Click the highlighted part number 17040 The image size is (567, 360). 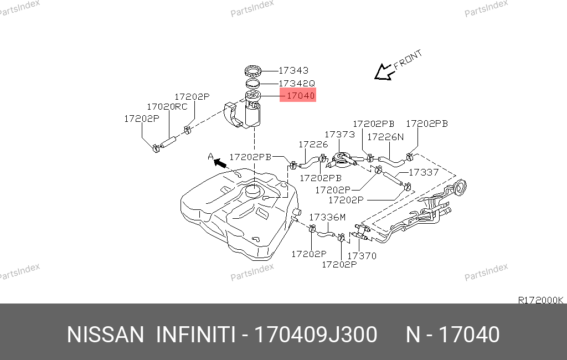coord(301,96)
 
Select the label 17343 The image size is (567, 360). coord(293,70)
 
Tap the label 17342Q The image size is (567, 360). coord(297,84)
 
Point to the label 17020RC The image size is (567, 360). coord(167,107)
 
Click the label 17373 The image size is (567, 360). coord(339,134)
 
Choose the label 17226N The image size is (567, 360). coord(385,137)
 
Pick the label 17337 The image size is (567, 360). coord(424,172)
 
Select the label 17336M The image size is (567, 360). coord(327,217)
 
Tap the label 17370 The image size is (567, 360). coord(362,256)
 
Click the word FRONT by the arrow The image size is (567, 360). coord(408,59)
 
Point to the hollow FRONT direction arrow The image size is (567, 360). coord(384,72)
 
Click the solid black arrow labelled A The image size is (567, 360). coord(220,163)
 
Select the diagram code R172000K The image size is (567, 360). coord(540,300)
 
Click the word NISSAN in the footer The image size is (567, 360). coord(105,335)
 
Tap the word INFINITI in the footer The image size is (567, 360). coord(195,335)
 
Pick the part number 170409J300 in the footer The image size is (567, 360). coord(315,335)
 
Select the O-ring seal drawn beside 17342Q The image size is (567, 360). coord(252,84)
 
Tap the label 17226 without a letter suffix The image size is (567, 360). coord(313,145)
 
